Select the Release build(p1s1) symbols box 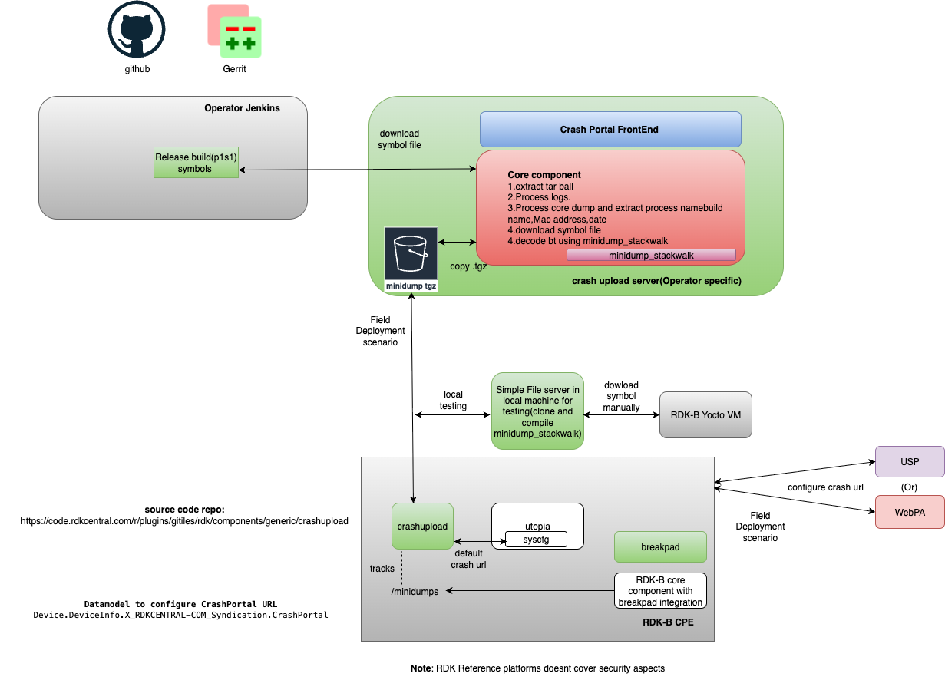click(196, 163)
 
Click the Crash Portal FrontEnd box click(610, 130)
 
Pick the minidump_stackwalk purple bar click(651, 255)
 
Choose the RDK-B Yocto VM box click(705, 415)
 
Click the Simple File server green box click(537, 411)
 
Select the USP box click(910, 462)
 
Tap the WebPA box click(910, 511)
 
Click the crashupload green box click(422, 527)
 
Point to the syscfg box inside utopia click(536, 540)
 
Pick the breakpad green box click(660, 547)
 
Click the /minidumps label click(415, 591)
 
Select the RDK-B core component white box click(660, 591)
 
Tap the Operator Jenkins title click(242, 108)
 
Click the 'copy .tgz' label click(468, 266)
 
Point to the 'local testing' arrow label click(453, 401)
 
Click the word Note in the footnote click(421, 668)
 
